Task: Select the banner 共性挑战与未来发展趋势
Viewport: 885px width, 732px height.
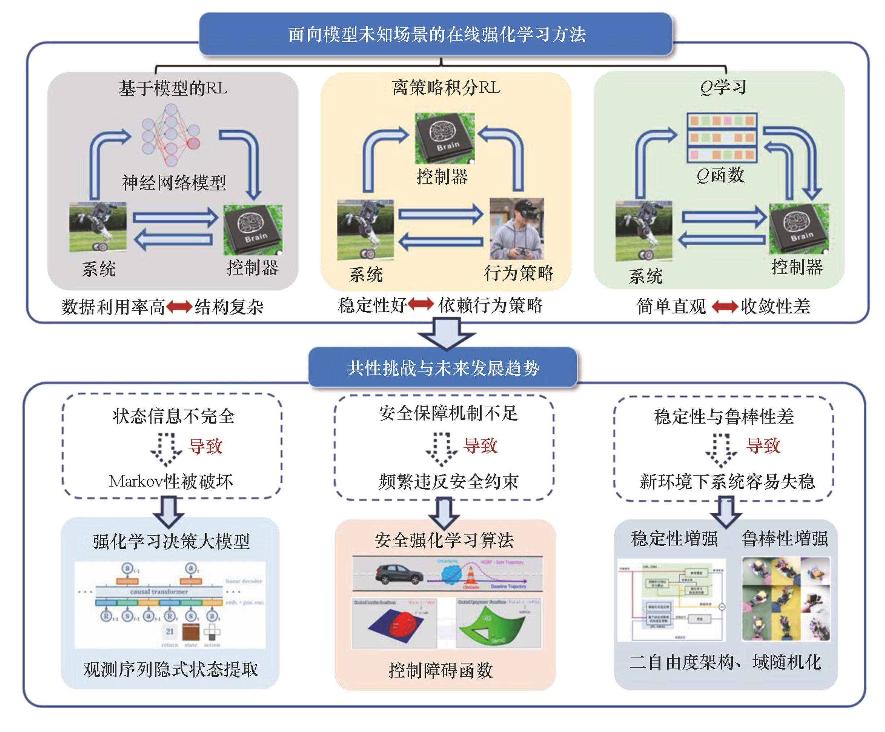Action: coord(443,368)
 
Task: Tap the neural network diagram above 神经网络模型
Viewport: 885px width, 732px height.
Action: coord(171,135)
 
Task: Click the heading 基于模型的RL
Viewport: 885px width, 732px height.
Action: coord(172,88)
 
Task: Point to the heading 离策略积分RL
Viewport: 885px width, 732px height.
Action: coord(446,88)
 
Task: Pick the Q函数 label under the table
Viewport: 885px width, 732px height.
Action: coord(720,175)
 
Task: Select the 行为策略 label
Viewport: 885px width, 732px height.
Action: coord(518,273)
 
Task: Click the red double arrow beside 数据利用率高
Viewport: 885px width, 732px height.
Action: coord(179,307)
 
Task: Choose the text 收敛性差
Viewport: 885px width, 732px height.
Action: coord(775,306)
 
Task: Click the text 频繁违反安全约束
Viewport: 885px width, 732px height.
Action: coord(448,481)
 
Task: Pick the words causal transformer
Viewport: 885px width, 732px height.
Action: coord(159,592)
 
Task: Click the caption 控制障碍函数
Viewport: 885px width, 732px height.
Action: coord(440,670)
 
